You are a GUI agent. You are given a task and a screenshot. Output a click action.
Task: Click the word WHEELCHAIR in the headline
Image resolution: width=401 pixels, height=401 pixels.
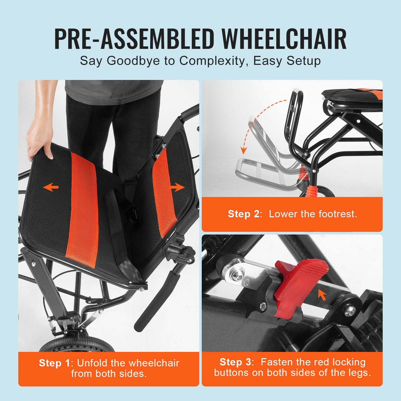pos(284,39)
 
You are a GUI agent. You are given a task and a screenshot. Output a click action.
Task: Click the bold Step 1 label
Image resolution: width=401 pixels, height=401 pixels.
pos(55,363)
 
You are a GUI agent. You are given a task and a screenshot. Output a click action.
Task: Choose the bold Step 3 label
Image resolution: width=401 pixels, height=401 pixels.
pos(236,362)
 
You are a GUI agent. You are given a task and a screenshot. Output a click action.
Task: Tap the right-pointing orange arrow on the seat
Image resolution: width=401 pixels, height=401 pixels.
pos(177,187)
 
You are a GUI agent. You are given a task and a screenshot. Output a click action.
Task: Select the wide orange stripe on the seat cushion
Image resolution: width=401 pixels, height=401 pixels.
pos(83,208)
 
